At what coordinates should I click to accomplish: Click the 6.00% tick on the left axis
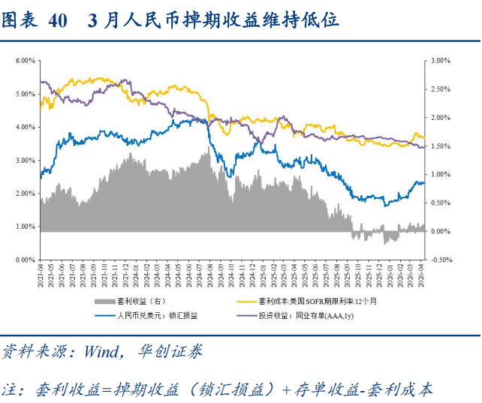[26, 61]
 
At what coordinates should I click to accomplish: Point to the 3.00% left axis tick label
[26, 161]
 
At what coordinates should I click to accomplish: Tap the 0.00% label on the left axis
[26, 260]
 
